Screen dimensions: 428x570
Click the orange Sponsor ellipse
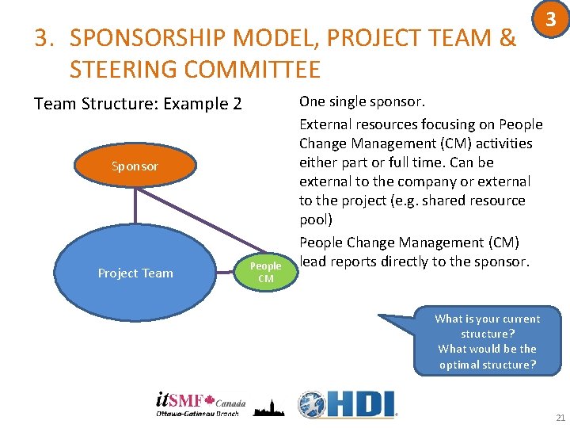tap(135, 166)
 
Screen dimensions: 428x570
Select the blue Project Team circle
tap(135, 273)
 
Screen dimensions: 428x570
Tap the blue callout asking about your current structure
tap(487, 341)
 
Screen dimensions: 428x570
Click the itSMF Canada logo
tap(200, 403)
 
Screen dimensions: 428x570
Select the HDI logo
tap(348, 403)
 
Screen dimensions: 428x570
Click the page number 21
tap(560, 418)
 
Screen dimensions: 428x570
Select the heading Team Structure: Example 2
tap(138, 104)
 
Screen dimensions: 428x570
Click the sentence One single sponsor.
tap(362, 101)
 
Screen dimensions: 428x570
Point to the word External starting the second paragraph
tap(327, 124)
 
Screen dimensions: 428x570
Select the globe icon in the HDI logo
tap(312, 404)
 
